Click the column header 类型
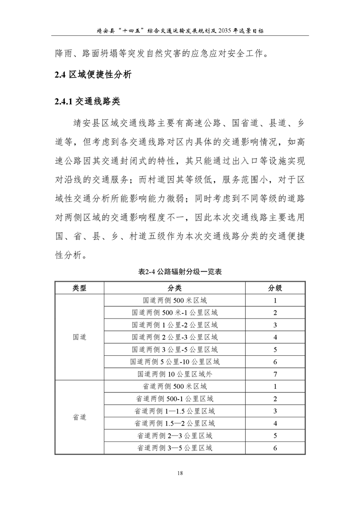79,288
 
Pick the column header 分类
174,288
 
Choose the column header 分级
275,288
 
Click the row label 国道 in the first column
79,338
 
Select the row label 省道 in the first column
79,417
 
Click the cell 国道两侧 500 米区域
174,300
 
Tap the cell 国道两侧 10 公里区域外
174,374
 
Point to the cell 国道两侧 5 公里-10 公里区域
174,362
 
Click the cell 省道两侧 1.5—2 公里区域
174,423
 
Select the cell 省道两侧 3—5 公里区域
174,448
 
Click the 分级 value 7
275,374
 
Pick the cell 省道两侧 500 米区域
174,387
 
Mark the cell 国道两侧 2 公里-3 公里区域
174,337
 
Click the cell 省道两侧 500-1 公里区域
174,399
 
